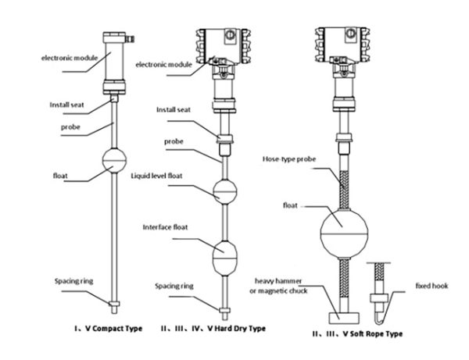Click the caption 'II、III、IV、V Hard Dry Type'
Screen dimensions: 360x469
pos(217,329)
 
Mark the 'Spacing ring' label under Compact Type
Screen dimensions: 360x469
pos(74,280)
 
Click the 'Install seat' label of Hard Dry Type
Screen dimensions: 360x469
pos(174,109)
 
